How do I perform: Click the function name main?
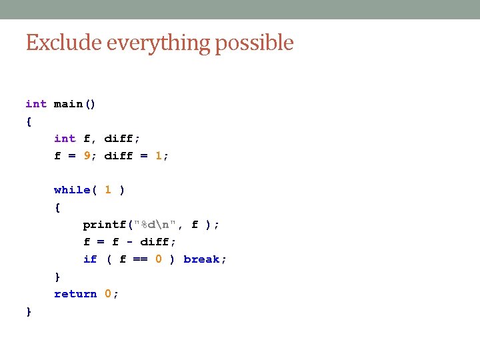[x=68, y=104]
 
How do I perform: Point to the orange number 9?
[x=87, y=156]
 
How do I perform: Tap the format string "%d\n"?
[x=155, y=225]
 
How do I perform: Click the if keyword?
[x=90, y=259]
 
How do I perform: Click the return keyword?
[x=75, y=294]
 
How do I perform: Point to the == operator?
[x=141, y=259]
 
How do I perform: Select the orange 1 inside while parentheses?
[x=108, y=190]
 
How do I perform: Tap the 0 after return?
[x=108, y=294]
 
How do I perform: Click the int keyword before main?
[x=36, y=104]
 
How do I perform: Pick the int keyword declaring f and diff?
[x=65, y=139]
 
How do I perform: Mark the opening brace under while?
[x=57, y=208]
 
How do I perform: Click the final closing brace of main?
[x=29, y=311]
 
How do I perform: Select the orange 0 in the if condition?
[x=159, y=259]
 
